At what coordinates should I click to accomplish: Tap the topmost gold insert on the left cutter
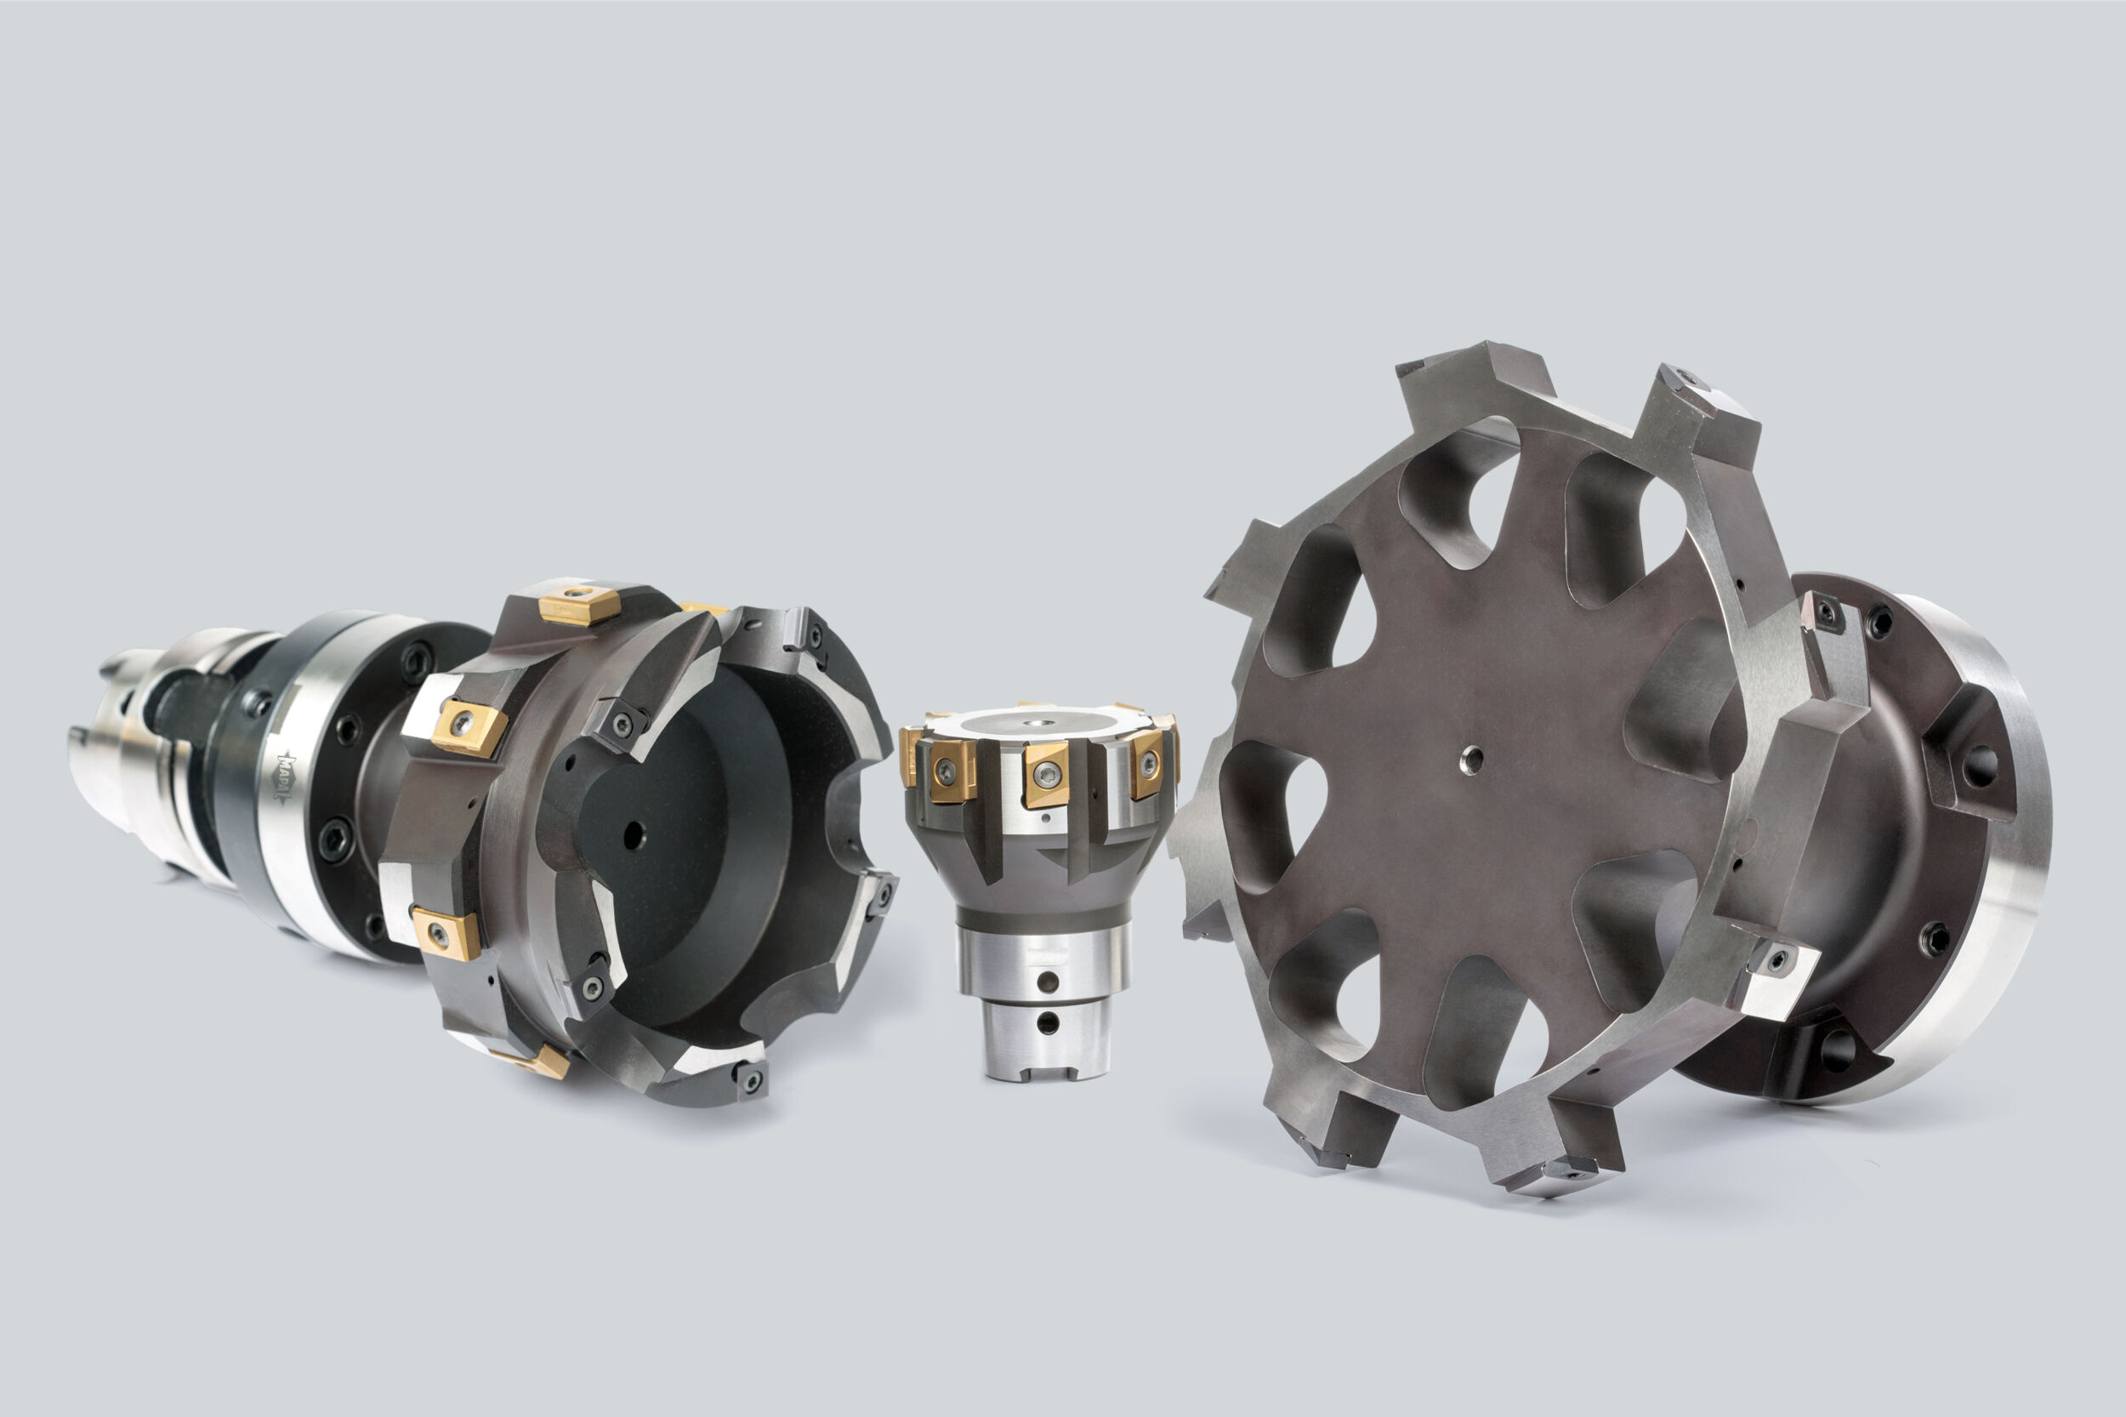579,604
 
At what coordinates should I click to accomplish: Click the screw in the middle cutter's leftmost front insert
944,770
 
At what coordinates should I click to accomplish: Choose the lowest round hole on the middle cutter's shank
1047,1023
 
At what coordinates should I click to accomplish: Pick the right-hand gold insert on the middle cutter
1146,765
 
